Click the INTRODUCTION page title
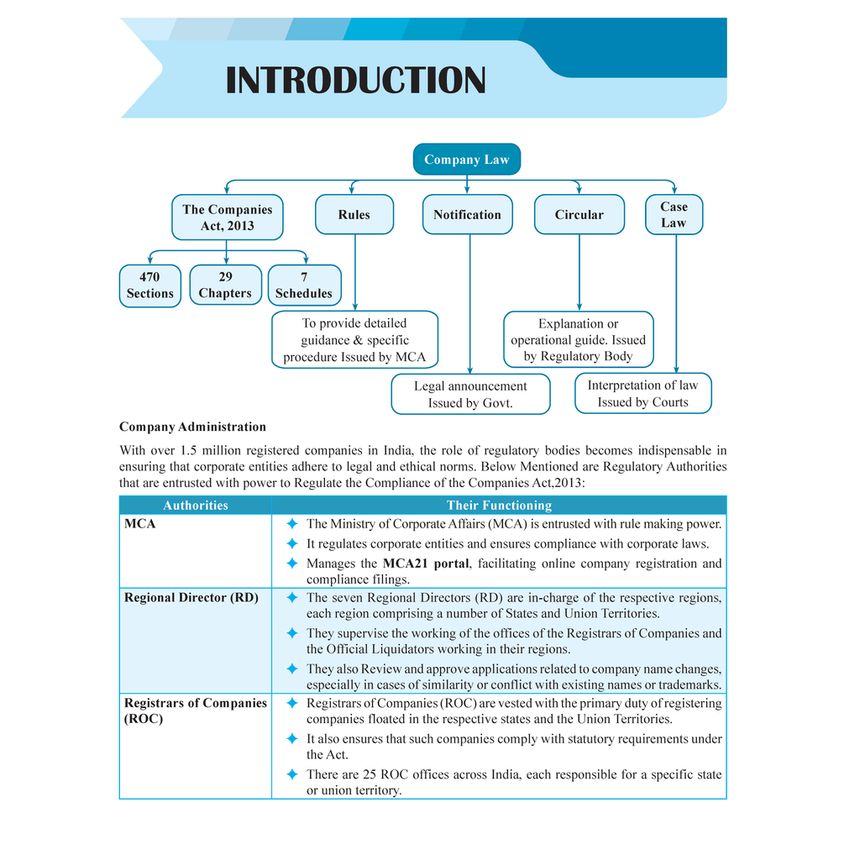[x=355, y=80]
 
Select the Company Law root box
[x=467, y=159]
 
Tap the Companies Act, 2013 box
[x=227, y=218]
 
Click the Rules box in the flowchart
[x=354, y=214]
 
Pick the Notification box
[x=467, y=214]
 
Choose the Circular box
[x=579, y=214]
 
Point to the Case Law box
[x=674, y=214]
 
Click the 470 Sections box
[x=149, y=286]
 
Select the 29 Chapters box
[x=225, y=286]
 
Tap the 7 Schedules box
[x=304, y=286]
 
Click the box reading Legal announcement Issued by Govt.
[x=470, y=395]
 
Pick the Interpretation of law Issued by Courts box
[x=642, y=393]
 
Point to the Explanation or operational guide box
[x=579, y=339]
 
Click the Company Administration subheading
[x=192, y=427]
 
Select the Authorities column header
[x=195, y=505]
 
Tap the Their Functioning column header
[x=499, y=505]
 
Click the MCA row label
[x=140, y=524]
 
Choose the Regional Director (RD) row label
[x=191, y=597]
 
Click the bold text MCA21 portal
[x=426, y=564]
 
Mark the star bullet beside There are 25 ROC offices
[x=292, y=774]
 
